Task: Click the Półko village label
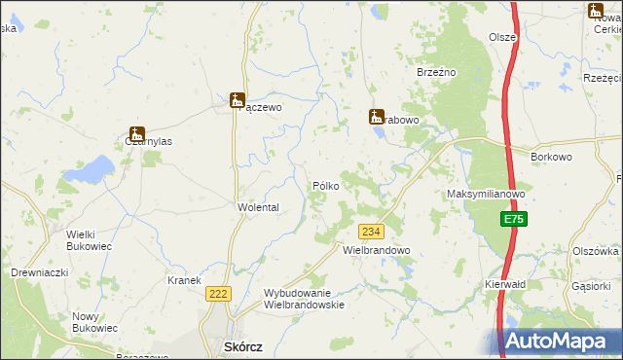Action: pyautogui.click(x=325, y=186)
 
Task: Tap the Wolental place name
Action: pyautogui.click(x=258, y=208)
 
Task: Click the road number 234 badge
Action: pyautogui.click(x=371, y=232)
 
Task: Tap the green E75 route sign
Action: pyautogui.click(x=515, y=221)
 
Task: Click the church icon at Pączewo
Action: pyautogui.click(x=237, y=99)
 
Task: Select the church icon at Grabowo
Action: pyautogui.click(x=376, y=117)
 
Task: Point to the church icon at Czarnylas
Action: pyautogui.click(x=136, y=134)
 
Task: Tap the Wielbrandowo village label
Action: pyautogui.click(x=377, y=250)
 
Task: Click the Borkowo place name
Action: pyautogui.click(x=550, y=156)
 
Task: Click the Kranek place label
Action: pyautogui.click(x=184, y=280)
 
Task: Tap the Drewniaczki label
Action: pyautogui.click(x=39, y=272)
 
